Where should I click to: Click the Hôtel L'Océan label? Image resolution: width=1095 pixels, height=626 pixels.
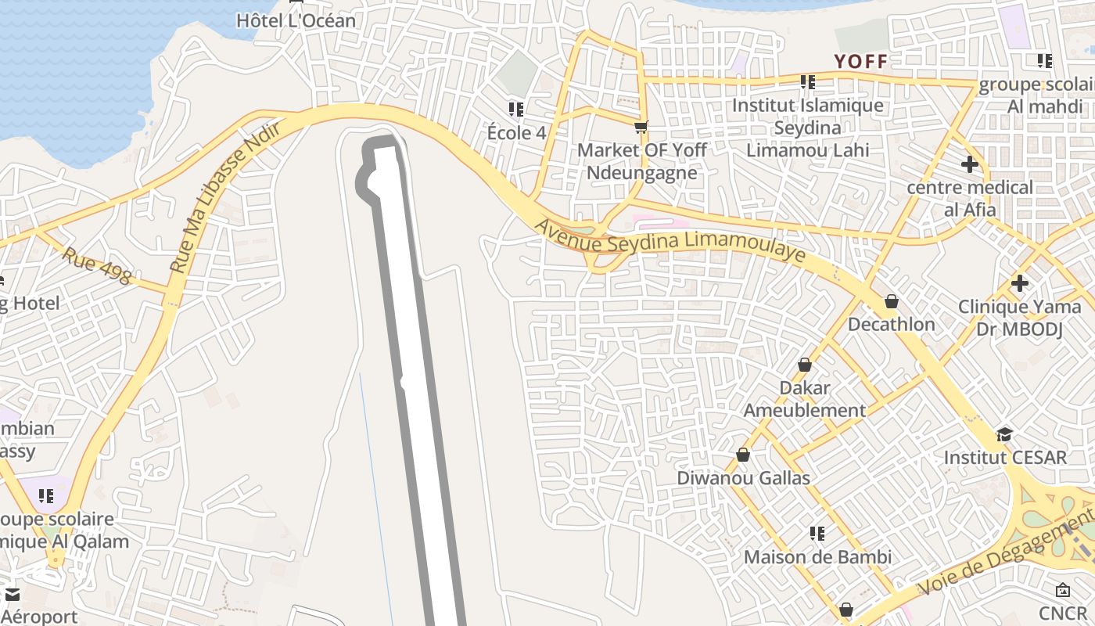296,20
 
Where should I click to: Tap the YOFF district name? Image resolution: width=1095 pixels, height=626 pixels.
860,62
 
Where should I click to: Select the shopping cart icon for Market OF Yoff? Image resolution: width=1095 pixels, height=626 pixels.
641,127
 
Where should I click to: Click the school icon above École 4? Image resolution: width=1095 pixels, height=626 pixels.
515,110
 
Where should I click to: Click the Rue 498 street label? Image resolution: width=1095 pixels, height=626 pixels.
97,266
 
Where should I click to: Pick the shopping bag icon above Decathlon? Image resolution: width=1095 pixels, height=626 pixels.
891,301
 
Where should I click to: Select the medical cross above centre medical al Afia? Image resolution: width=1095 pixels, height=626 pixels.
969,164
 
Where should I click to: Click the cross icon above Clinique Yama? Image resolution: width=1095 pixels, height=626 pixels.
1019,282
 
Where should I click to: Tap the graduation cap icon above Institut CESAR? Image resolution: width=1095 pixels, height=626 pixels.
1004,434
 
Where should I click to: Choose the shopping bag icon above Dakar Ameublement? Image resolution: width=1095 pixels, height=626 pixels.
804,365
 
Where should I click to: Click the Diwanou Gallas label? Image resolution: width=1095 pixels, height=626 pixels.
743,477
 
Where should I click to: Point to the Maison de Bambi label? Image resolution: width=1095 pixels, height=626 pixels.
817,557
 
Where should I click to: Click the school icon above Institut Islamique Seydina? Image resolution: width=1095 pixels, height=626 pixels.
808,82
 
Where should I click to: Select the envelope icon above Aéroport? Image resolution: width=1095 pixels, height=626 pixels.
13,595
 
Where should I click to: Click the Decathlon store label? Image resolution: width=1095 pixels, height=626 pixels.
891,324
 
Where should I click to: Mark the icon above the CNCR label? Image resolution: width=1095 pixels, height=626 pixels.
1062,590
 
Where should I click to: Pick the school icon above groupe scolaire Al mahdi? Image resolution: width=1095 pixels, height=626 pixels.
1044,61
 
